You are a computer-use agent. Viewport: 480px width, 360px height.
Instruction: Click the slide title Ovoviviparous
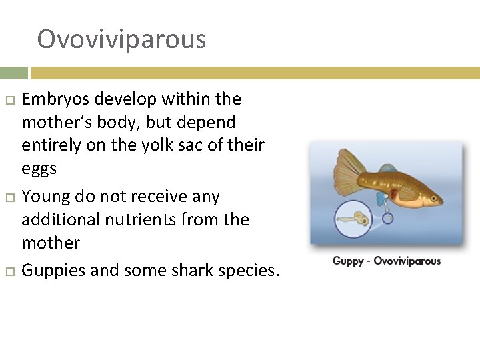click(121, 39)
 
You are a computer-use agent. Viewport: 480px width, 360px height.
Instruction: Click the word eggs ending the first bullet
click(39, 169)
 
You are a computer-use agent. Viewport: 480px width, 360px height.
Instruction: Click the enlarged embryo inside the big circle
click(353, 218)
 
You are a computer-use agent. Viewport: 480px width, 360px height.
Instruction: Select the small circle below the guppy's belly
click(388, 217)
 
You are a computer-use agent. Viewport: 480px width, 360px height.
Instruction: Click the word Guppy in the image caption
click(348, 261)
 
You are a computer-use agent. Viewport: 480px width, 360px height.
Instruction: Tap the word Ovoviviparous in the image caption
click(407, 261)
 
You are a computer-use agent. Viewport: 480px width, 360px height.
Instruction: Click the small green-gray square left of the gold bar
click(13, 73)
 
